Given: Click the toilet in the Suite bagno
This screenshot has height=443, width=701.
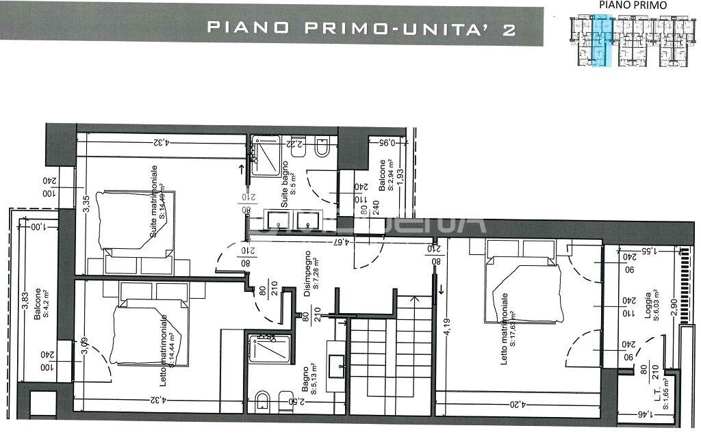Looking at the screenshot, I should click(322, 148).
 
